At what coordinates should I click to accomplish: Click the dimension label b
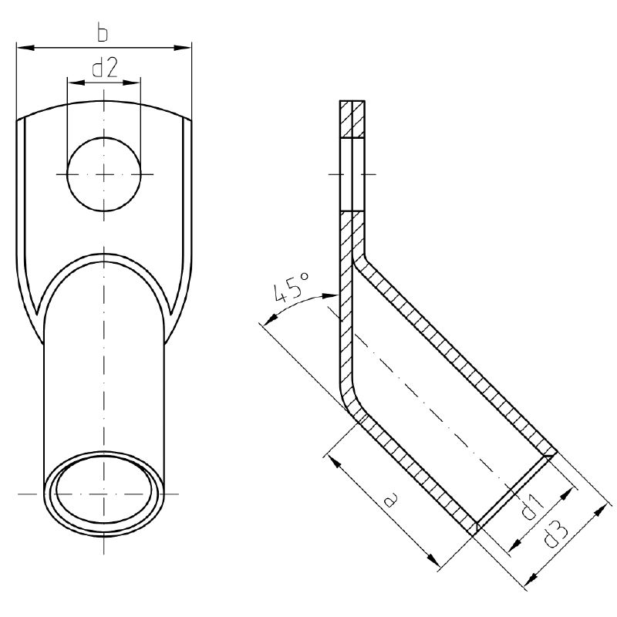pos(103,34)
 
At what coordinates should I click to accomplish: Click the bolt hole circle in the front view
pos(104,174)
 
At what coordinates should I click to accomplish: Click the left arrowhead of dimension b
pos(22,48)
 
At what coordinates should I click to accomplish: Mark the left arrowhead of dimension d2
pos(73,80)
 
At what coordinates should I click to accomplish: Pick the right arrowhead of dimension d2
pos(135,80)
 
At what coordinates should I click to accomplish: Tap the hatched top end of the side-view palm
pos(351,119)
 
